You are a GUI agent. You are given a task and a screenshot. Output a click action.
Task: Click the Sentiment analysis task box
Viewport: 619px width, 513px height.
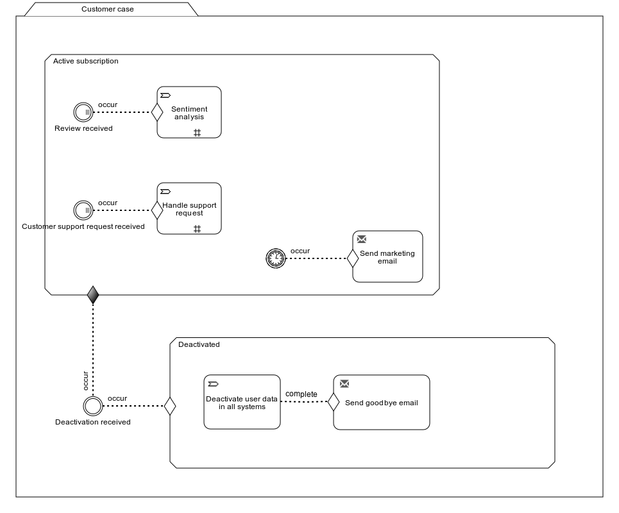[189, 112]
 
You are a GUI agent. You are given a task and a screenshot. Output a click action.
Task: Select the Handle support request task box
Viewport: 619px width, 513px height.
[189, 208]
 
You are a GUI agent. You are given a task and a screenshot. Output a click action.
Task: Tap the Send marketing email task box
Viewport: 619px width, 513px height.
[387, 256]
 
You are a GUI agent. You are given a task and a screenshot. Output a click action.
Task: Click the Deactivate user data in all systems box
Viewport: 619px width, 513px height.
[242, 401]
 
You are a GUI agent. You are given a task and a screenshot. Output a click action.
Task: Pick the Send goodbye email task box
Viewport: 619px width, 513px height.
[382, 402]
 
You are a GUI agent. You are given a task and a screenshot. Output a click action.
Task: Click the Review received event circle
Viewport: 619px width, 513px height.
[83, 112]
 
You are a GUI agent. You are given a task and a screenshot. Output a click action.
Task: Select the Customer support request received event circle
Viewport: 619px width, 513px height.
[83, 210]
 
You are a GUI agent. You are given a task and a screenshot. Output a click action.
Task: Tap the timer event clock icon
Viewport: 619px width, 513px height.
[276, 258]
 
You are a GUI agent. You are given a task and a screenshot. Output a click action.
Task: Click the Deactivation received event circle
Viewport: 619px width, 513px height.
[93, 406]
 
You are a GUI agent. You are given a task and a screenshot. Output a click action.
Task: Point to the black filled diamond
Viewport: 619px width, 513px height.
[93, 295]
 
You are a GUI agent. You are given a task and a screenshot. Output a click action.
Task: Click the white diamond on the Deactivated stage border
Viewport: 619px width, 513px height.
[170, 406]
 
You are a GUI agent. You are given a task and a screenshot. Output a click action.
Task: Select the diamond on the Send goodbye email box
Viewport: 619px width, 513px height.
[334, 402]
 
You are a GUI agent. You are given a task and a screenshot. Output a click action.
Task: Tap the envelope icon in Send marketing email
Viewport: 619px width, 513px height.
[362, 239]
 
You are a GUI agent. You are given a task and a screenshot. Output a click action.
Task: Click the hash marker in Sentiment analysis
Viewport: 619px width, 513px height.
[198, 133]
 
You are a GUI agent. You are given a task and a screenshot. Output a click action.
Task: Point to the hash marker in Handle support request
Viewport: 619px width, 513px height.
[198, 229]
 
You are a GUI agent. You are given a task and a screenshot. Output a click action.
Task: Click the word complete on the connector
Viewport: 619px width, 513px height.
[301, 394]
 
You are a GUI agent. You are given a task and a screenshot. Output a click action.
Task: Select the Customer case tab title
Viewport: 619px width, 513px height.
[107, 9]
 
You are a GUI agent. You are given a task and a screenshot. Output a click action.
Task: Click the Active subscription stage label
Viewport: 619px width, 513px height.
[86, 61]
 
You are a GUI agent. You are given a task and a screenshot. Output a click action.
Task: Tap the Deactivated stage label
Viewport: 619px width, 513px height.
[199, 344]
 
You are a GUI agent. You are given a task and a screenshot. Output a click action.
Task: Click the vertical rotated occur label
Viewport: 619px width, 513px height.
[85, 381]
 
